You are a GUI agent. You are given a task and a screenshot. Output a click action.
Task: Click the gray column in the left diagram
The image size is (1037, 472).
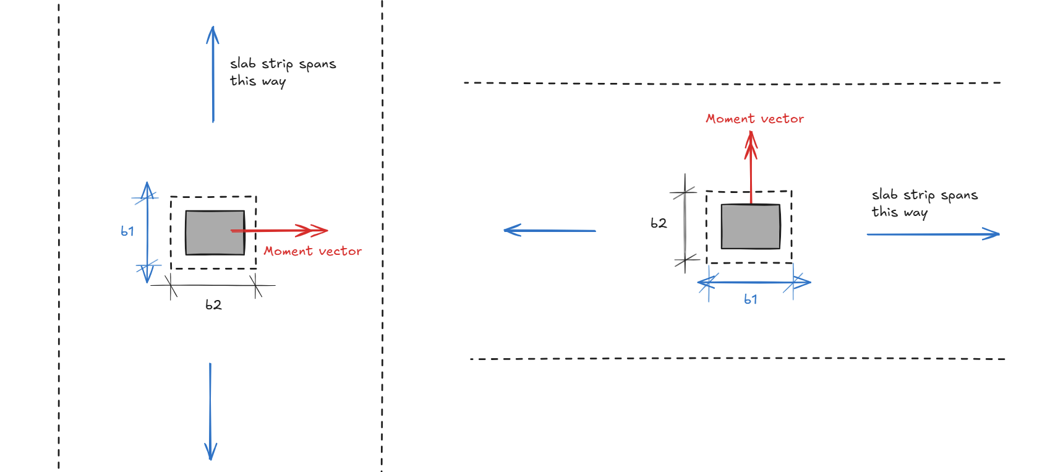click(x=215, y=233)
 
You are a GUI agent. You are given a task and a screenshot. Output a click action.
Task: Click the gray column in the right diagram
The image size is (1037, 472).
click(x=751, y=226)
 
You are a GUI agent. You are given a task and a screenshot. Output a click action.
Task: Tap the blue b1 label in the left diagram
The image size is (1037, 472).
click(x=127, y=231)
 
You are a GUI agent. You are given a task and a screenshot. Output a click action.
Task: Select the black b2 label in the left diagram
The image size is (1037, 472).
click(x=213, y=304)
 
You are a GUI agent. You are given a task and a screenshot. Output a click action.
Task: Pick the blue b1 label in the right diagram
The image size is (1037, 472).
click(x=751, y=299)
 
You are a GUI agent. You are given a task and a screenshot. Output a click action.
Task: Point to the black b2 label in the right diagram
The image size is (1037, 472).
click(x=659, y=223)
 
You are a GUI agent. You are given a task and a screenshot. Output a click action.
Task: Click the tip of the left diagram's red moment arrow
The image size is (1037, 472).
click(x=328, y=230)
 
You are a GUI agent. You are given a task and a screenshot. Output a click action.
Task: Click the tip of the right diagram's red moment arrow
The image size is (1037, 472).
click(x=751, y=132)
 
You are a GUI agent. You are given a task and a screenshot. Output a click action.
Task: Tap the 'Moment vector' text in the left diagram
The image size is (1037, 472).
click(x=312, y=251)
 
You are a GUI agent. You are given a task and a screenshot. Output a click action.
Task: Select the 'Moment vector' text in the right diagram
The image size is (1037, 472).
click(x=754, y=119)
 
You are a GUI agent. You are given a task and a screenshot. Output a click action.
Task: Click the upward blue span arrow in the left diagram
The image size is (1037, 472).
click(x=213, y=74)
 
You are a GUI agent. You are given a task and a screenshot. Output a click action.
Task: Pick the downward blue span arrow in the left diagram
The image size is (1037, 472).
click(x=211, y=411)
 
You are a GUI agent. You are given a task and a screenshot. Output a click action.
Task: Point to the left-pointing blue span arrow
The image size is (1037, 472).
click(x=550, y=230)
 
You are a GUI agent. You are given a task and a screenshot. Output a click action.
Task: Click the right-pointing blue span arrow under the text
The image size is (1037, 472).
click(x=933, y=234)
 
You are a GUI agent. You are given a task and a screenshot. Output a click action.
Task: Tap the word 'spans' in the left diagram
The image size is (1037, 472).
click(x=317, y=64)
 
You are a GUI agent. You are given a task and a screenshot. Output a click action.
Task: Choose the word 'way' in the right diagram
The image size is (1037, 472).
click(x=915, y=213)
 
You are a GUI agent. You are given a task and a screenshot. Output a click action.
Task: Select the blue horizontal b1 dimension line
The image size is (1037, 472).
click(x=754, y=281)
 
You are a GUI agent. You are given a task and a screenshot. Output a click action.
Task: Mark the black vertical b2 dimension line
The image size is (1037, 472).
click(x=685, y=223)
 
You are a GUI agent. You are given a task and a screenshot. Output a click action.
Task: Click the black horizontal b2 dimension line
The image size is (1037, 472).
click(x=213, y=285)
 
